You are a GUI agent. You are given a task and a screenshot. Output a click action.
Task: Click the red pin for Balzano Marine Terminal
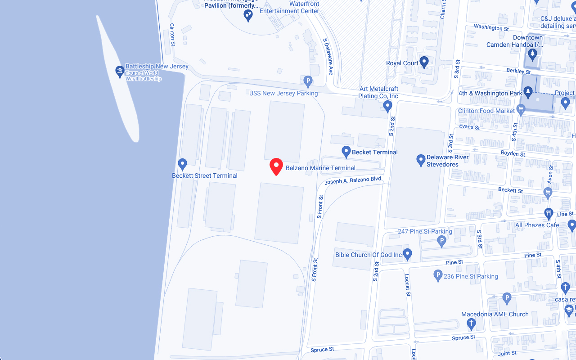276,166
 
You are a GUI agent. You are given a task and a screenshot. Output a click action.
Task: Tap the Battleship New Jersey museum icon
120,71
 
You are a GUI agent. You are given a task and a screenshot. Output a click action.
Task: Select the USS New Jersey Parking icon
308,81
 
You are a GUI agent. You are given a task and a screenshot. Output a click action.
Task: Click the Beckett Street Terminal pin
182,164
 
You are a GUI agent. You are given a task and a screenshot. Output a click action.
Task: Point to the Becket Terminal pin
346,152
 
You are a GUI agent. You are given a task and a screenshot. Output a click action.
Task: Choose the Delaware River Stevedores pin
421,160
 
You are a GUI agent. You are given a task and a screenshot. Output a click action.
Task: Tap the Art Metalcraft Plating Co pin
387,106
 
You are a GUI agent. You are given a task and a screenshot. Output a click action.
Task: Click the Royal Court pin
424,62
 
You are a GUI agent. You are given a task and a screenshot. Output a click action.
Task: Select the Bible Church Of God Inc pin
407,254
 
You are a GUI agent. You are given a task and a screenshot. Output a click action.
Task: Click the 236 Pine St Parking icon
438,275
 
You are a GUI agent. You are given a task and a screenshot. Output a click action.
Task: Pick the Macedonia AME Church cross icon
471,323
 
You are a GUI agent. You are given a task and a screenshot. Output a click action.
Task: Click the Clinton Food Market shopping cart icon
521,109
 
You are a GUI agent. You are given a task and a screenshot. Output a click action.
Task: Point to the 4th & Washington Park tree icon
528,92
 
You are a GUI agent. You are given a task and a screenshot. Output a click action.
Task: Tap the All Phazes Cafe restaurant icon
548,213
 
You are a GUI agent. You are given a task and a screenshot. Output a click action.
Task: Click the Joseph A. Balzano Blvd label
353,180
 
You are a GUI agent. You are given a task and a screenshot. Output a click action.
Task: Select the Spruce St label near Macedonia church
463,337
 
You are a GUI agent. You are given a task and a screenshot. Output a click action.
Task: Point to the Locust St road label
408,285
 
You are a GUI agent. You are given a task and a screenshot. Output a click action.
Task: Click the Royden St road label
513,154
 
